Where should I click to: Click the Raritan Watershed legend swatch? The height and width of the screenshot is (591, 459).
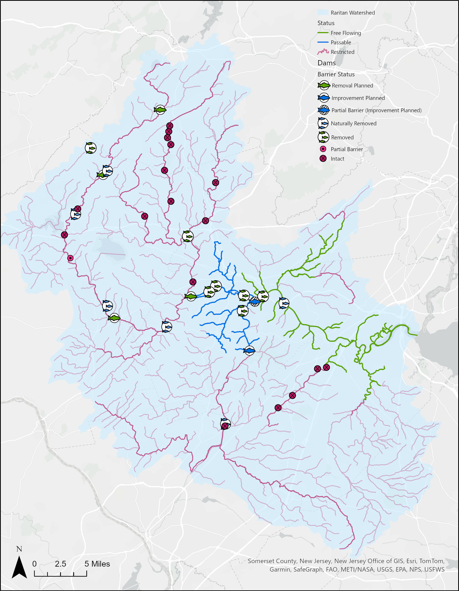322,12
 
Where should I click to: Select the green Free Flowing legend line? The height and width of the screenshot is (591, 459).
322,33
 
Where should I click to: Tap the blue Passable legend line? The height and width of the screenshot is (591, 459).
322,43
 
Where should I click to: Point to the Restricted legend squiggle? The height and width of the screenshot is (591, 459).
322,51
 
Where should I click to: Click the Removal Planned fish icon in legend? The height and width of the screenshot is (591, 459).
324,86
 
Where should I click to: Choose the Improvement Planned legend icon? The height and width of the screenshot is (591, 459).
324,98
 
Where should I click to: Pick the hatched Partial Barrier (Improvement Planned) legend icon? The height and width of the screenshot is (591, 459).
324,110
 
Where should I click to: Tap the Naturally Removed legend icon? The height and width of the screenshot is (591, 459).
323,123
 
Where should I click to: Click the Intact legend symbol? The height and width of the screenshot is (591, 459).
323,159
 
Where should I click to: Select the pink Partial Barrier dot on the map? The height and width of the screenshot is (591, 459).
70,258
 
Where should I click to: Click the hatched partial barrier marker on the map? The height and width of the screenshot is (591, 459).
254,301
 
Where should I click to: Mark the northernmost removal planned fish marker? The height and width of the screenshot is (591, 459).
160,110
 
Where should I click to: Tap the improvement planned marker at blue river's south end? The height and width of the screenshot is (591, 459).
249,351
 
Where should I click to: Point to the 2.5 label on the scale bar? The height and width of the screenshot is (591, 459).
60,564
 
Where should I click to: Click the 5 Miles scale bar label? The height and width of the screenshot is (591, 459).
97,564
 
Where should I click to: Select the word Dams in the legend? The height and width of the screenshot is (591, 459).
326,63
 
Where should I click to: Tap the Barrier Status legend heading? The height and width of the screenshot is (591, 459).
336,74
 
